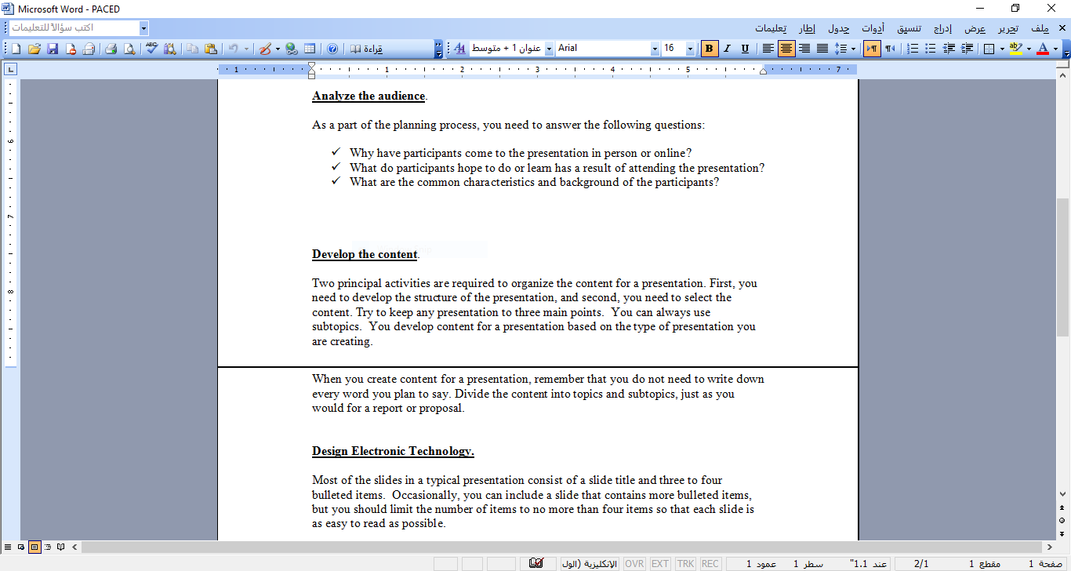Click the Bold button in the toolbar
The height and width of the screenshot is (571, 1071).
point(710,49)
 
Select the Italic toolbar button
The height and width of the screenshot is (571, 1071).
point(727,49)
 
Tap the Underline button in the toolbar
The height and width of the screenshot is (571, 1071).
point(745,49)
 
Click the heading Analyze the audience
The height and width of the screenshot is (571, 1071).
point(368,96)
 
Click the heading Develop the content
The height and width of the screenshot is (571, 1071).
point(365,254)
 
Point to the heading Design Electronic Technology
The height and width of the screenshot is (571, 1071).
point(393,451)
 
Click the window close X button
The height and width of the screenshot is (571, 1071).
point(1051,9)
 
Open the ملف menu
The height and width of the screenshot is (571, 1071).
point(1040,28)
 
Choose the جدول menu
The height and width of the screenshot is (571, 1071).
point(839,28)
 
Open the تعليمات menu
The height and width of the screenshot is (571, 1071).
point(771,28)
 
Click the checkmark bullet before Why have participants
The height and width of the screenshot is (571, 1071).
point(336,152)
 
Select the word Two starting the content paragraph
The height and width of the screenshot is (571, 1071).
point(323,283)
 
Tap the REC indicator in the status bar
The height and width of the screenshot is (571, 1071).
point(710,564)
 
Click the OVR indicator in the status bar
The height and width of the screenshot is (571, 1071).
point(634,564)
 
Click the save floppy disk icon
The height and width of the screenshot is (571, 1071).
point(53,49)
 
